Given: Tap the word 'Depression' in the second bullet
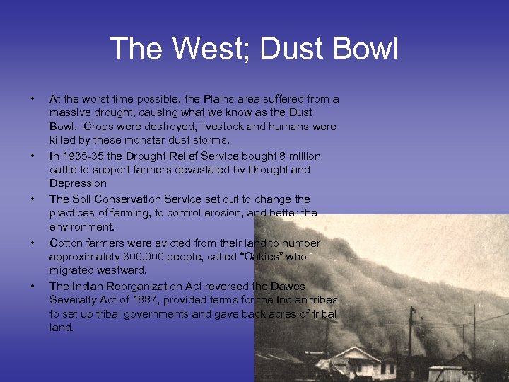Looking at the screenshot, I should click(78, 183).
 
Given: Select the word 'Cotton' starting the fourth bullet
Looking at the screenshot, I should click(66, 243).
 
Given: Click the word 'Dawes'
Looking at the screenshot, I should click(289, 286).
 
